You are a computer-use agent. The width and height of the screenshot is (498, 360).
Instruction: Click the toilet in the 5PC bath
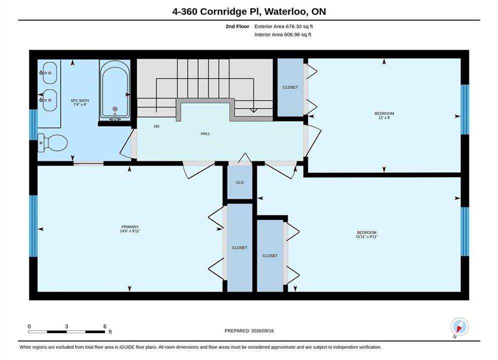53,142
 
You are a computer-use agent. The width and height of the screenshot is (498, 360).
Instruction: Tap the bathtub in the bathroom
115,90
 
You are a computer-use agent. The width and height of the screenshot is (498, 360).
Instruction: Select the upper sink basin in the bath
50,72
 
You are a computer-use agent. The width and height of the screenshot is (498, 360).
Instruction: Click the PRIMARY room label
130,227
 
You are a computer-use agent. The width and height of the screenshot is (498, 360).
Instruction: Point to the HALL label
205,133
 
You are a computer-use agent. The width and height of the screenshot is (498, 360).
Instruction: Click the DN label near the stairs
156,126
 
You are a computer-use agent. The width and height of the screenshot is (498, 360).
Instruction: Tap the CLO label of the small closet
240,182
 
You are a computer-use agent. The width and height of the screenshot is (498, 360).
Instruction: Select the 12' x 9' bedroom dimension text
384,117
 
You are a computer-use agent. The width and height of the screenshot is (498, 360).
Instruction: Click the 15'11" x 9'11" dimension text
366,236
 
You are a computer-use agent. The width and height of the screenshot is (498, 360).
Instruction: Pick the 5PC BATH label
80,100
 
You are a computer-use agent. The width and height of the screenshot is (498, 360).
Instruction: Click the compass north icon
459,326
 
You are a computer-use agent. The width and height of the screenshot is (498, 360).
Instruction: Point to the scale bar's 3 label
67,326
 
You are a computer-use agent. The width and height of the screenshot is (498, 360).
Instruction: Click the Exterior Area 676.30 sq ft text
284,26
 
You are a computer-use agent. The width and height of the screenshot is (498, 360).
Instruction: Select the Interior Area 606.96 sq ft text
283,34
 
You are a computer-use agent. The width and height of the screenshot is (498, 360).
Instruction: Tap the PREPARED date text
249,330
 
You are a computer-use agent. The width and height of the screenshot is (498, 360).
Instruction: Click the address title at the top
249,11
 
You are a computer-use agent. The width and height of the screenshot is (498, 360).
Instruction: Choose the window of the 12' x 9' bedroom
464,109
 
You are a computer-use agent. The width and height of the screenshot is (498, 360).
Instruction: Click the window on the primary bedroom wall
34,226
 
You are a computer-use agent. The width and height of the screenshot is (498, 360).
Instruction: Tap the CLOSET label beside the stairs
290,87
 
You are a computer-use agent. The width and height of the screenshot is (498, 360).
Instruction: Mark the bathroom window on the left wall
34,124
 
